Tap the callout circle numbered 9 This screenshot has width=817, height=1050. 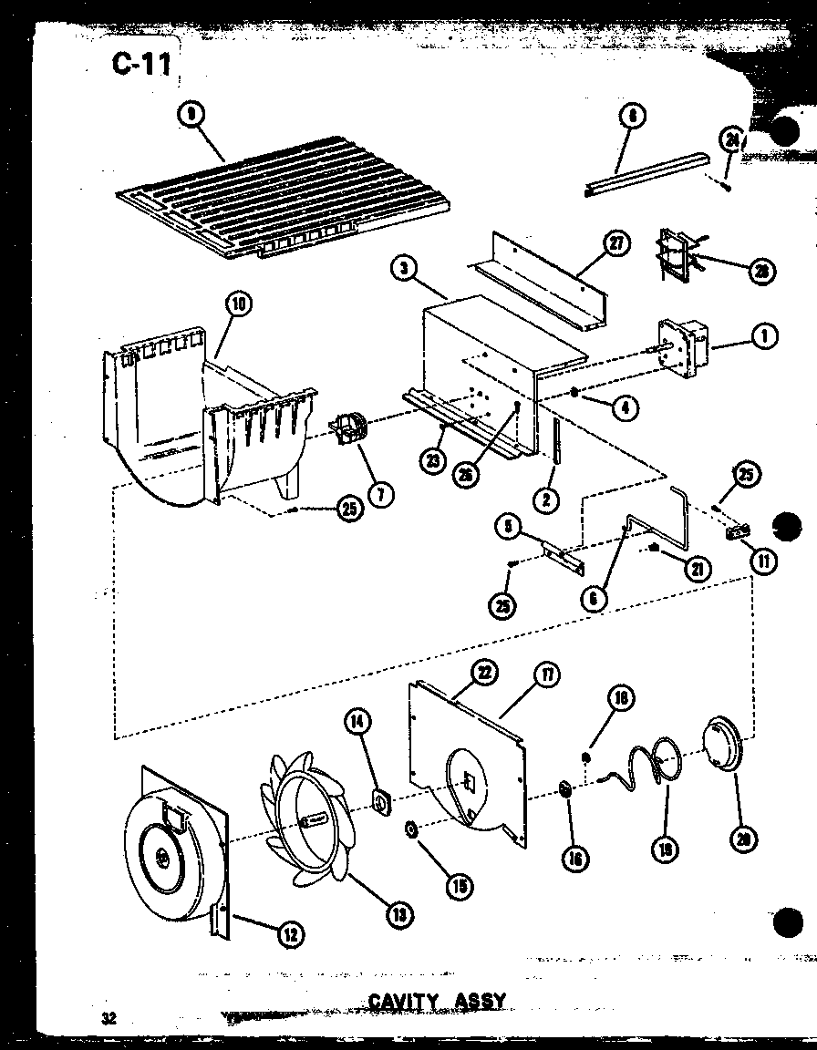click(x=190, y=114)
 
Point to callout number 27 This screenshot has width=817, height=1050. click(x=617, y=244)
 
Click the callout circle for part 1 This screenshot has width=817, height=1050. click(x=762, y=336)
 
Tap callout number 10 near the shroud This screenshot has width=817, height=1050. click(x=239, y=304)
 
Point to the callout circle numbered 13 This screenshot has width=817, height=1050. click(x=398, y=913)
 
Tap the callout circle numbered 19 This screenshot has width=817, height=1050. click(x=665, y=850)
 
